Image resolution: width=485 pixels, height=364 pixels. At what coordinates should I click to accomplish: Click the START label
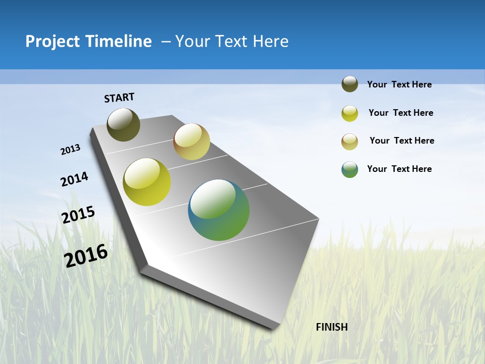119,98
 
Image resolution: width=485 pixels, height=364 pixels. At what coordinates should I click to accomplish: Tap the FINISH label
331,327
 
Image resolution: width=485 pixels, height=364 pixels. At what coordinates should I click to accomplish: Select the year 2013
70,150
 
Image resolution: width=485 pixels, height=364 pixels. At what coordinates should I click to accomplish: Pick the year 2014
74,179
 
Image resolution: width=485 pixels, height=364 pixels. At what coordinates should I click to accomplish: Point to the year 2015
78,214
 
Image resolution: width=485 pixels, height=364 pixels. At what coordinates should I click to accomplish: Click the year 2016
86,255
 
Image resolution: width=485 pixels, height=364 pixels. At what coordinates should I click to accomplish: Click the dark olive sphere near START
123,124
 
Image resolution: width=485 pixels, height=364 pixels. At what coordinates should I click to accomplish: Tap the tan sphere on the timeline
191,142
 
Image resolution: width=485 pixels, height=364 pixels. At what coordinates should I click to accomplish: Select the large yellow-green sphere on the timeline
147,182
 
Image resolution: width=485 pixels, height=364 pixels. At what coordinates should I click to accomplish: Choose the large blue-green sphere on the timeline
219,210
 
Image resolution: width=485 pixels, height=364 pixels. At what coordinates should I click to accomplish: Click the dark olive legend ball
350,84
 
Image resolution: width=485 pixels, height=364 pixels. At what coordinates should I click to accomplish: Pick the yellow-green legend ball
350,113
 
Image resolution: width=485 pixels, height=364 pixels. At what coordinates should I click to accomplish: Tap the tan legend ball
350,142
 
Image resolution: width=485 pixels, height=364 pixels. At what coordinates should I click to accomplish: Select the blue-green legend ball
350,169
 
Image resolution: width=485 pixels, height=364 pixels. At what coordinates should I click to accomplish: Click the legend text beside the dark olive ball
399,84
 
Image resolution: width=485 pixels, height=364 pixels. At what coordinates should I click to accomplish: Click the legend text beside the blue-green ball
399,169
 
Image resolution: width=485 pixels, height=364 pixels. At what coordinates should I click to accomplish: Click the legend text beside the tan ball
402,141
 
